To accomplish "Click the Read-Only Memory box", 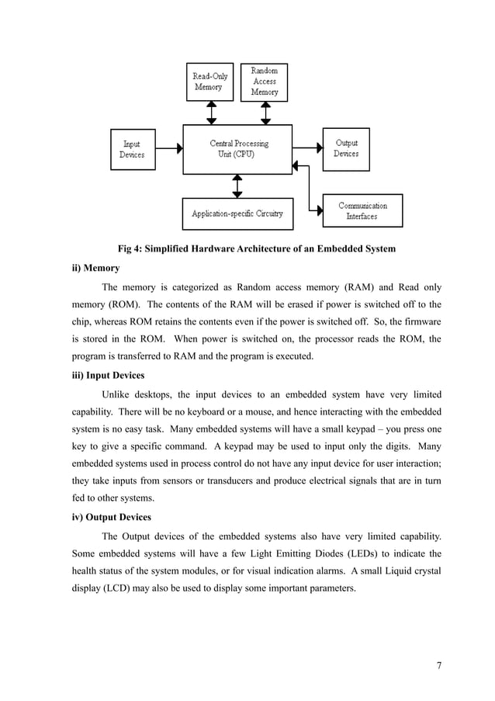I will (209, 82).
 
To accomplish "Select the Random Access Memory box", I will (264, 82).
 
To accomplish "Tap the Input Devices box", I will (132, 149).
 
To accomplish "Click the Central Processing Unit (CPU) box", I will (238, 149).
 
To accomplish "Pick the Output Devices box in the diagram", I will (346, 149).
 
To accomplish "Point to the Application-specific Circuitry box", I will (237, 213).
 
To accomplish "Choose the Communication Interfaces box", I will (362, 210).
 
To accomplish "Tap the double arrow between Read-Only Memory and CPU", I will (210, 113).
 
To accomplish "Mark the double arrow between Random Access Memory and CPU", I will (265, 113).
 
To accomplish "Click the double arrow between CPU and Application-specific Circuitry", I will (237, 186).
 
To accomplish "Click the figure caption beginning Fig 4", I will (256, 249).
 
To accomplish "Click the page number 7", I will (438, 665).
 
